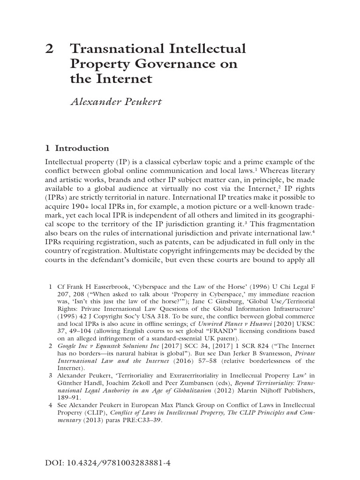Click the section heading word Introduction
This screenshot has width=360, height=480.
pos(82,149)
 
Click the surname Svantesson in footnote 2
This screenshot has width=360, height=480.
pos(271,353)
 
